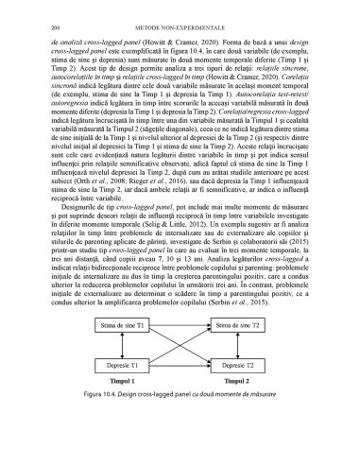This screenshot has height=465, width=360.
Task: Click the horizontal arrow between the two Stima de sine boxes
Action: [x=180, y=352]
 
